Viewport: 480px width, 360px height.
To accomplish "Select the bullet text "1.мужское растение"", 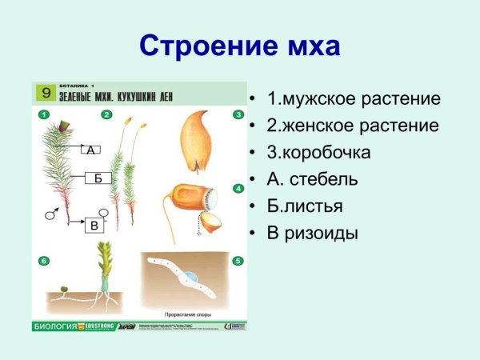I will coord(354,99).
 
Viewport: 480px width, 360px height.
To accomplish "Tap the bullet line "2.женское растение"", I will coord(353,126).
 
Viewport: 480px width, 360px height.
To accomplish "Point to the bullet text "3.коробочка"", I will coord(319,153).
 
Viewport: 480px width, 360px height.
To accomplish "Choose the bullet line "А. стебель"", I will coord(313,179).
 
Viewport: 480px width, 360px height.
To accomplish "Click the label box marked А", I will coord(90,150).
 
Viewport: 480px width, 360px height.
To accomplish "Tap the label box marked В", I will coord(94,226).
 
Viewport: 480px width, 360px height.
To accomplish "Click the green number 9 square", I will coord(43,94).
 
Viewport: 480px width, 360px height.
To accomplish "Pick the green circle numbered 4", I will coord(238,189).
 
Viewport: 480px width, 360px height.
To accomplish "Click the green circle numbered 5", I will coord(238,261).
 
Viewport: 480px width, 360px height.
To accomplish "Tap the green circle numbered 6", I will coord(43,261).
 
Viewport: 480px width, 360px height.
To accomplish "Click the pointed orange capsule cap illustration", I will coord(194,141).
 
